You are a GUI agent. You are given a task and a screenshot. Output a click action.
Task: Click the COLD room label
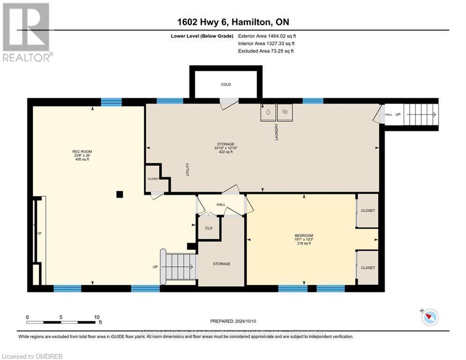[x=226, y=85]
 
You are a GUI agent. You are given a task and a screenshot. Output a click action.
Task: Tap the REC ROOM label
[x=82, y=151]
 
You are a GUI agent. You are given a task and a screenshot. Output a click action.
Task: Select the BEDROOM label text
[x=304, y=235]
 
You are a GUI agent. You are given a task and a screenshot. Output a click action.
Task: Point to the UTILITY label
[x=187, y=169]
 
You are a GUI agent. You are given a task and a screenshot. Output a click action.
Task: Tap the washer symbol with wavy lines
[x=285, y=112]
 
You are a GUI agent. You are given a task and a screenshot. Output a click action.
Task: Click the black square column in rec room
[x=120, y=194]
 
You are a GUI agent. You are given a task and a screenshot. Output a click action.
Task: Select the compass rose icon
[x=430, y=317]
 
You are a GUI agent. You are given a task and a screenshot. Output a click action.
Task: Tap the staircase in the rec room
[x=178, y=267]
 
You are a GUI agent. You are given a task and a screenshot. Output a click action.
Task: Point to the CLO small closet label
[x=208, y=228]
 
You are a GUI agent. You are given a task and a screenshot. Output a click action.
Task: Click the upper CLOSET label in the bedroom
[x=368, y=211]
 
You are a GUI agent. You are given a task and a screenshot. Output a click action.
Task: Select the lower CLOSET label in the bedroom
[x=368, y=268]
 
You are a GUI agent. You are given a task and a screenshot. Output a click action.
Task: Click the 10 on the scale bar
[x=96, y=317]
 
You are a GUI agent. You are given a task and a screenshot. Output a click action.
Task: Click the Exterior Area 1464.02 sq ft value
[x=280, y=36]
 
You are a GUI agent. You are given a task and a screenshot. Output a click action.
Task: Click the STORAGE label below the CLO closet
[x=222, y=264]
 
